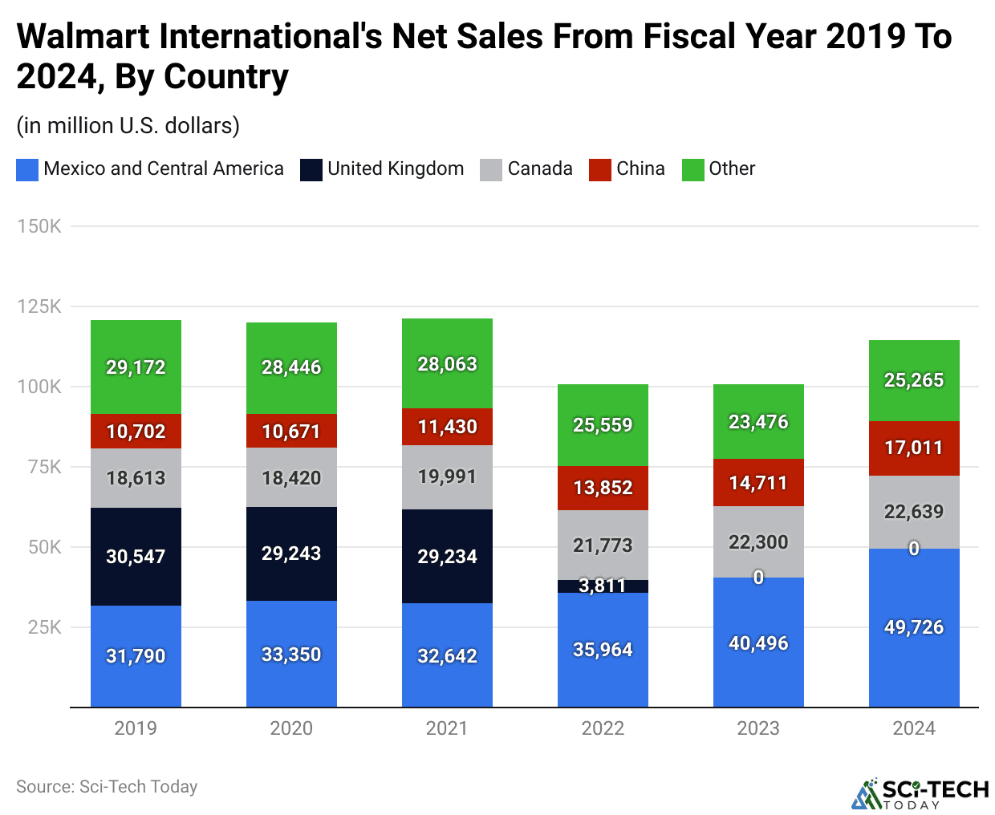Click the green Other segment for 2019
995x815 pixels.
(x=136, y=367)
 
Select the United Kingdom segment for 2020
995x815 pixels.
(x=291, y=553)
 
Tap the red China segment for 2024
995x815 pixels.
(x=914, y=448)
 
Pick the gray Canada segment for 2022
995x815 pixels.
(x=603, y=545)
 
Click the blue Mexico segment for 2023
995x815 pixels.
(x=758, y=643)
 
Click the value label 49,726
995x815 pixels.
(x=914, y=627)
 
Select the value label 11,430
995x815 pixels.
(x=447, y=427)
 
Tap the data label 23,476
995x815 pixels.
(x=758, y=422)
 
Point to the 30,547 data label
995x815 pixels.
(x=136, y=557)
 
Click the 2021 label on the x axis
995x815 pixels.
(x=447, y=728)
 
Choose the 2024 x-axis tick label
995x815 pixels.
(x=914, y=728)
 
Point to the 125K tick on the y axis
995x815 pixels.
(x=39, y=306)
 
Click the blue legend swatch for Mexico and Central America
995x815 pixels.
(x=27, y=169)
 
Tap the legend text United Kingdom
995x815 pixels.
(x=396, y=168)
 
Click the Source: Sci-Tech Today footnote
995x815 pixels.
(x=107, y=787)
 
